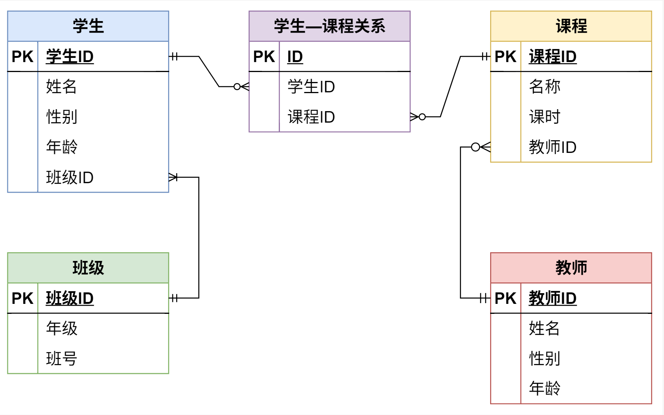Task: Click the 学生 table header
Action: [x=88, y=26]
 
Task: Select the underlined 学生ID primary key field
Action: [x=70, y=57]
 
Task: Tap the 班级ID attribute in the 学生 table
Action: [x=70, y=177]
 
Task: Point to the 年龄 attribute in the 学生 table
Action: [x=62, y=147]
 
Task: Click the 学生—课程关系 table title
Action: [x=329, y=26]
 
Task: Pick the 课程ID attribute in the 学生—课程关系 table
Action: [x=311, y=117]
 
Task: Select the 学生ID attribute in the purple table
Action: [x=311, y=87]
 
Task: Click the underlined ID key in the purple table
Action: [x=295, y=57]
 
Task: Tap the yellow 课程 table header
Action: [x=571, y=26]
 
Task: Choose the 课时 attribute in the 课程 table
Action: [x=545, y=117]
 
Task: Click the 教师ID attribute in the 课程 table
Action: [x=553, y=147]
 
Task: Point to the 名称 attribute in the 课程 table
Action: [x=545, y=87]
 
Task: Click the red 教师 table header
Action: [x=571, y=268]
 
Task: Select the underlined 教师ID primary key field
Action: [x=553, y=298]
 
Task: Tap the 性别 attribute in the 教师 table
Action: [x=545, y=359]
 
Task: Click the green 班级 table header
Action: [x=88, y=268]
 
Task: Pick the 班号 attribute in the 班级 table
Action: [x=62, y=359]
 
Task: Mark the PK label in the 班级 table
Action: [x=23, y=298]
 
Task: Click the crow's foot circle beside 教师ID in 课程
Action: [x=475, y=147]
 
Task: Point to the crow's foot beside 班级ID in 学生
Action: [x=173, y=177]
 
